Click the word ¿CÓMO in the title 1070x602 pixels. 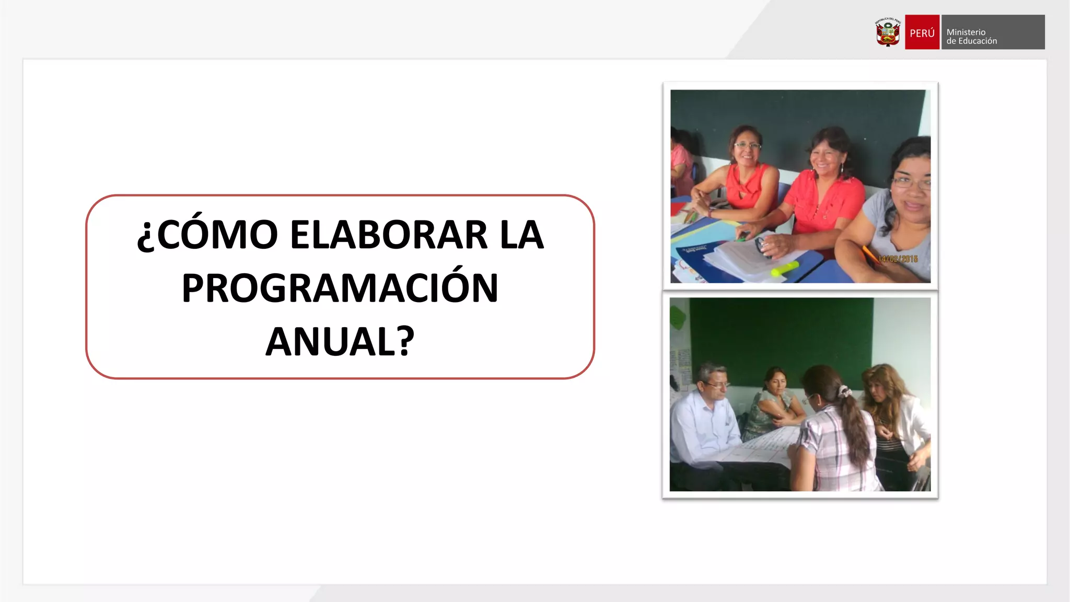point(207,235)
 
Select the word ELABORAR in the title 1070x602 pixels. point(389,235)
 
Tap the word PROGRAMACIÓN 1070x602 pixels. point(340,288)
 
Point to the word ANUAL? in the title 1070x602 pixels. point(340,342)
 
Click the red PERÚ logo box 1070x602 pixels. point(922,32)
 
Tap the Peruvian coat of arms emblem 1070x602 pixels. point(888,32)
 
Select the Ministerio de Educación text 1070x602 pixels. point(972,37)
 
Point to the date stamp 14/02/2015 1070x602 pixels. point(898,259)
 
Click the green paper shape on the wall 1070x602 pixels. point(678,317)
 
